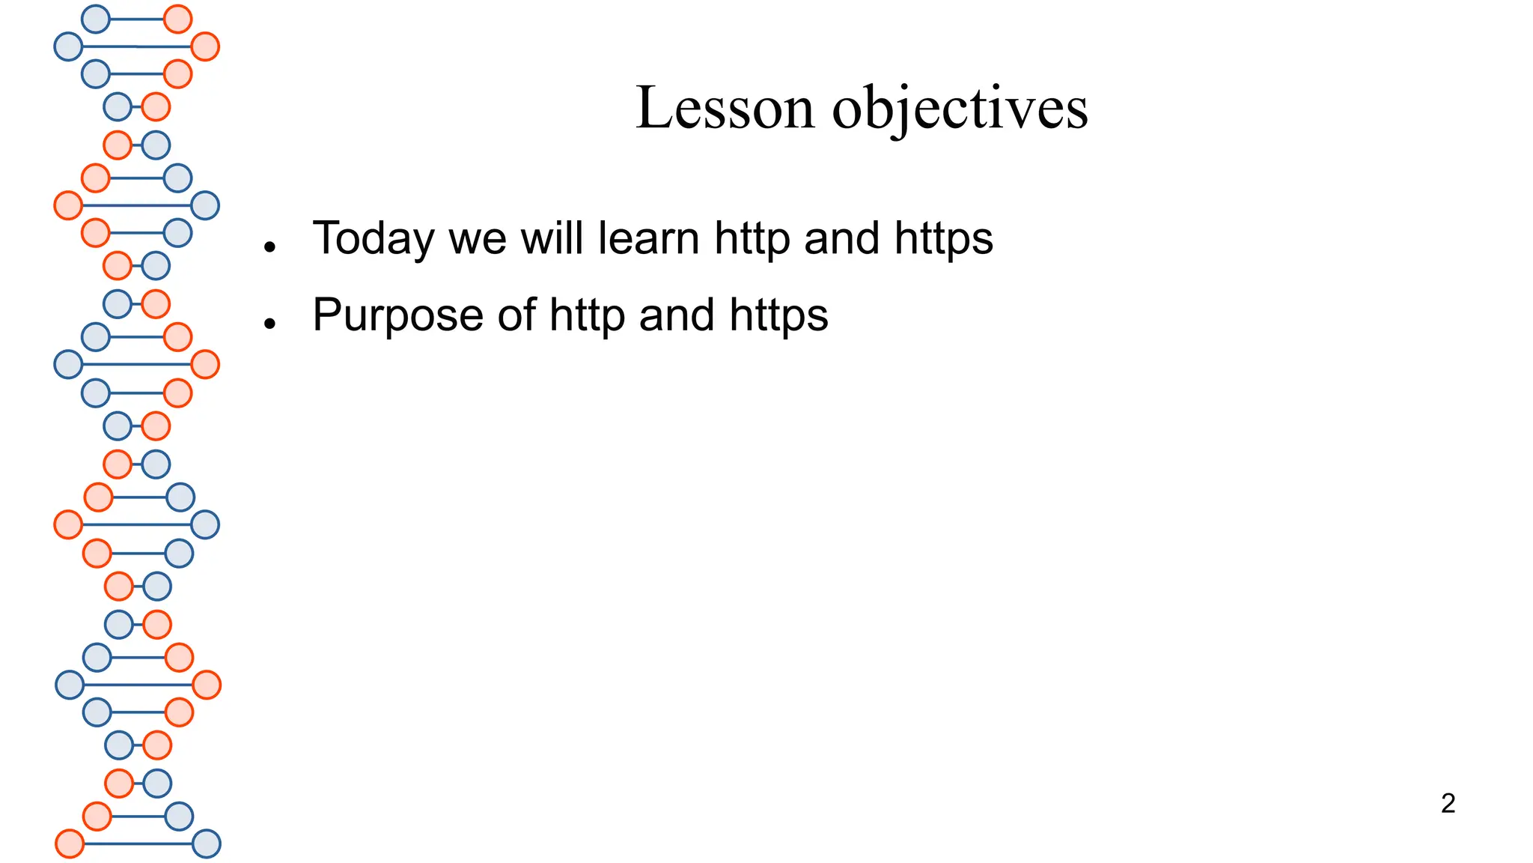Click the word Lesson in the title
725,108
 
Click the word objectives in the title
960,109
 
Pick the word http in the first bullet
752,240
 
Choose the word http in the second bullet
587,316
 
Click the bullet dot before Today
270,246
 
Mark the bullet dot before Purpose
270,323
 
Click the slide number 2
1448,803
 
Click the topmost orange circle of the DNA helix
177,19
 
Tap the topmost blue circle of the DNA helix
95,19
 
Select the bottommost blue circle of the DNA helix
207,844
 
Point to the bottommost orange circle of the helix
70,844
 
